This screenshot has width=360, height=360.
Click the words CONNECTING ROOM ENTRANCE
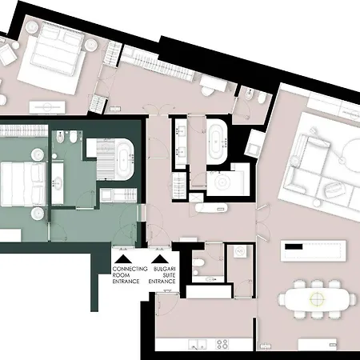coord(130,275)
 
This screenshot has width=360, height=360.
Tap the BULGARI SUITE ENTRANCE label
coord(162,275)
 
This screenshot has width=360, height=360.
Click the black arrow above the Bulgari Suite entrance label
coord(160,259)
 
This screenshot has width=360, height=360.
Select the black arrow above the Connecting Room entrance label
coord(123,259)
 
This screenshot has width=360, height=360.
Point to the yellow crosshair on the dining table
coord(317,298)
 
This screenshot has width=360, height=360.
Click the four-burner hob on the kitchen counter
coord(222,344)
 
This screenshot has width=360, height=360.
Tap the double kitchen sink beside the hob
coord(198,344)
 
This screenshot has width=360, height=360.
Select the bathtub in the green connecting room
coord(124,159)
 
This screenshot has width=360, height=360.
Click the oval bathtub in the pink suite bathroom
coord(217,142)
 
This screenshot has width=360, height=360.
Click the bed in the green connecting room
coord(22,184)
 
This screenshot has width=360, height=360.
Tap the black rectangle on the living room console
coord(294,246)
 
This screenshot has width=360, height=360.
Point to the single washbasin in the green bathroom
coord(57,183)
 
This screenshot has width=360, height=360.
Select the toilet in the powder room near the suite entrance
coord(198,263)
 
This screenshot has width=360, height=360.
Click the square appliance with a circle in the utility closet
coord(240,251)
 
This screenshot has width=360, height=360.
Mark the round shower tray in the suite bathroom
coord(222,182)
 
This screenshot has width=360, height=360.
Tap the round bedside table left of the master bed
coord(33,27)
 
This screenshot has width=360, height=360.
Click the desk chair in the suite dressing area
coord(207,91)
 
